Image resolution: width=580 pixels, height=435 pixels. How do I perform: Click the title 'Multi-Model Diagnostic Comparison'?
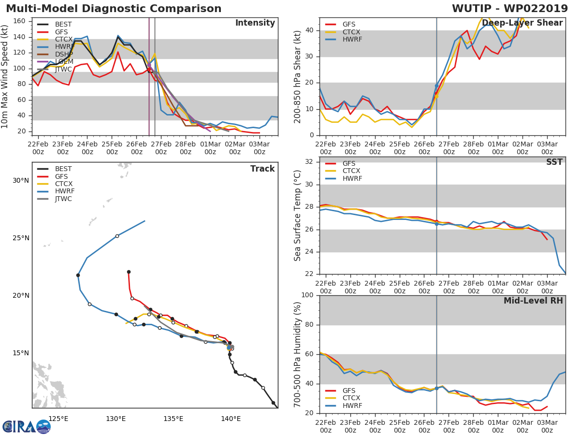[114, 9]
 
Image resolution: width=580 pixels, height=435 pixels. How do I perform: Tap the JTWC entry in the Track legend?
[63, 199]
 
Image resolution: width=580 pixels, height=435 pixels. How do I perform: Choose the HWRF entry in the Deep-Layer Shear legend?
[352, 39]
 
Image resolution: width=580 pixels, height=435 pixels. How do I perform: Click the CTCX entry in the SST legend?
[351, 171]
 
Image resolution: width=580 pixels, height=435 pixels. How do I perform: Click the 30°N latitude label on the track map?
[21, 181]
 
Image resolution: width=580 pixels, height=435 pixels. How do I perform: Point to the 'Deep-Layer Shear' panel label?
[522, 23]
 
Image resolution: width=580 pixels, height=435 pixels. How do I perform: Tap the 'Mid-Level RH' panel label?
[533, 301]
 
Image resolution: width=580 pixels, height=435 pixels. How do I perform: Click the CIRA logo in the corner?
[27, 426]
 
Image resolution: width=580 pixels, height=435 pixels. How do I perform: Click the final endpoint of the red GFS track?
[129, 272]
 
